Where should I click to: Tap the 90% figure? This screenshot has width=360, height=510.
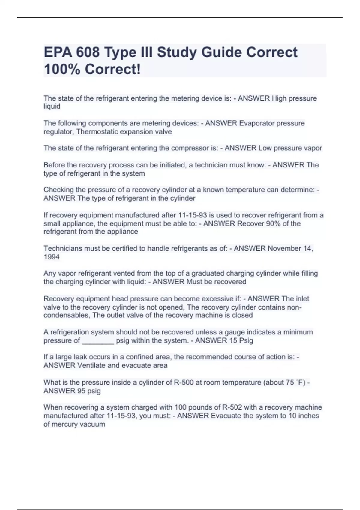click(265, 224)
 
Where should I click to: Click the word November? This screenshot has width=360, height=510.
click(289, 249)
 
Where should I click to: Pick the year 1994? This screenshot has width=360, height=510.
click(52, 257)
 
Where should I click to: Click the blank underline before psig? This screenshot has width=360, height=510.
click(98, 341)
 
